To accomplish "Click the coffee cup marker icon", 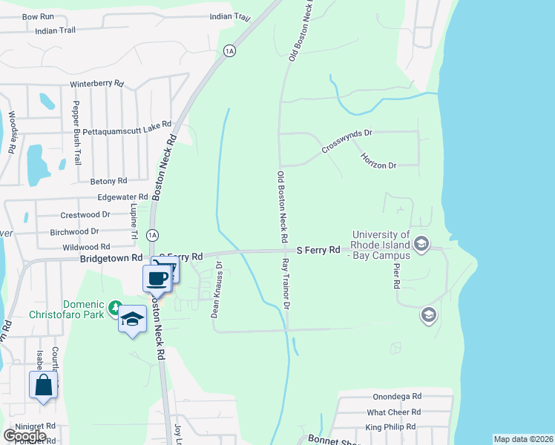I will [x=157, y=279].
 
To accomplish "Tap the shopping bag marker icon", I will [x=43, y=386].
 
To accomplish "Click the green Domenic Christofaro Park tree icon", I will [x=115, y=306].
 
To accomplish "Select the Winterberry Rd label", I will [x=96, y=84].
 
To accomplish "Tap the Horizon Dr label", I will [x=378, y=160].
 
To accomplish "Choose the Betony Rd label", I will [x=108, y=181].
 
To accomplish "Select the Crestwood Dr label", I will [x=85, y=214].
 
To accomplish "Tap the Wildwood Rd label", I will [x=86, y=247].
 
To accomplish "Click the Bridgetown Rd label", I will [x=111, y=259].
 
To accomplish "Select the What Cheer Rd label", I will [x=394, y=412].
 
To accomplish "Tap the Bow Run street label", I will [x=38, y=16].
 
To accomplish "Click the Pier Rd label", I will [x=397, y=274].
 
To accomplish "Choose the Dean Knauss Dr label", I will [x=217, y=289].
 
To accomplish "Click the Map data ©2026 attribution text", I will [x=522, y=439].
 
